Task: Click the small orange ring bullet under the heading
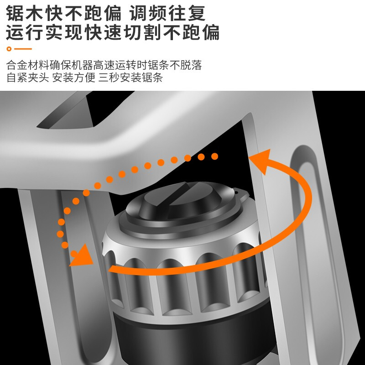pyautogui.click(x=9, y=49)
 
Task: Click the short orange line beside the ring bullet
pyautogui.click(x=23, y=49)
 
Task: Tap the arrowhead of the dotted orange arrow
pyautogui.click(x=82, y=255)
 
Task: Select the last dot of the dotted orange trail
pyautogui.click(x=214, y=156)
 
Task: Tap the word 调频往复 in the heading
pyautogui.click(x=167, y=13)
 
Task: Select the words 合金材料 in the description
pyautogui.click(x=27, y=65)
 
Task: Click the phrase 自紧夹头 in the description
pyautogui.click(x=27, y=78)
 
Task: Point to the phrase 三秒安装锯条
pyautogui.click(x=130, y=78)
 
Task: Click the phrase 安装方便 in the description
pyautogui.click(x=73, y=78)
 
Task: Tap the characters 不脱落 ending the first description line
pyautogui.click(x=186, y=65)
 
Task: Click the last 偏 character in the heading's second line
pyautogui.click(x=211, y=32)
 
